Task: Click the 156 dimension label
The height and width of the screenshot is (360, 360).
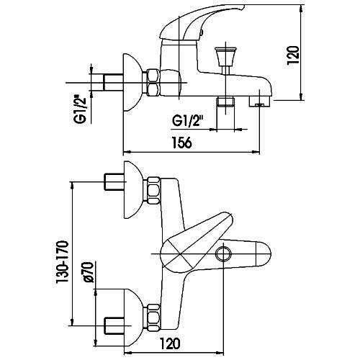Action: click(x=182, y=143)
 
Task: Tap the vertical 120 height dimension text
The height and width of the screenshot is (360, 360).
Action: click(x=293, y=55)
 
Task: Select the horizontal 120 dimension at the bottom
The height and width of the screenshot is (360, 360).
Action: click(x=170, y=343)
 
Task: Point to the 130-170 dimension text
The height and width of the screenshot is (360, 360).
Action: click(x=63, y=262)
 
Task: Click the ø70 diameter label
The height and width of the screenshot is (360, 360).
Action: click(x=88, y=272)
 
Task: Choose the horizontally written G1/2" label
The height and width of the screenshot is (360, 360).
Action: click(x=188, y=122)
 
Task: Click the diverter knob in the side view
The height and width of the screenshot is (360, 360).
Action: click(x=225, y=56)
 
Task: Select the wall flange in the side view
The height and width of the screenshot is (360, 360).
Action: click(x=131, y=83)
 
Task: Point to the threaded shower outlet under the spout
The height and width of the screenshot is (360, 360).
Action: click(x=225, y=102)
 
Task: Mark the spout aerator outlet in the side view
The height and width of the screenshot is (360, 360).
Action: click(x=259, y=102)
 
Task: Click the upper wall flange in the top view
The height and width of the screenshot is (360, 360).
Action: click(x=132, y=190)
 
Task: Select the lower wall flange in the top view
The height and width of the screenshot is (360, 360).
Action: click(x=132, y=318)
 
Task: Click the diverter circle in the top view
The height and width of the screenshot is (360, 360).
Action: click(x=223, y=253)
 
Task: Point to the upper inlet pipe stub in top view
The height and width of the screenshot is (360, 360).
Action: click(x=114, y=182)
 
